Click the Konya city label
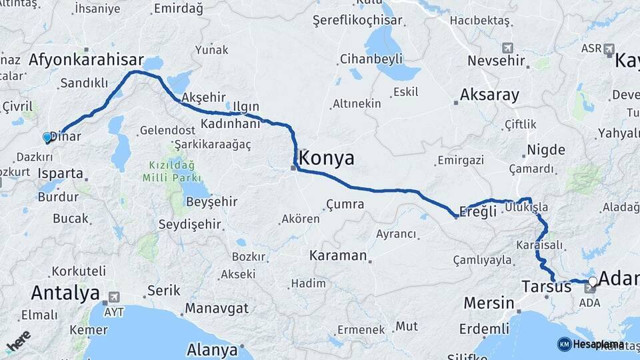coord(327,158)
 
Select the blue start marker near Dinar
coord(47,137)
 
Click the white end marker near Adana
coord(593,281)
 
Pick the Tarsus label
coord(546,287)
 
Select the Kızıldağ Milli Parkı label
coord(167,171)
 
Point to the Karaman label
coord(338,255)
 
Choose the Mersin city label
coord(489,303)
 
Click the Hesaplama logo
coord(591,344)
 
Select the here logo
coord(18,341)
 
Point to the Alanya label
coord(212,349)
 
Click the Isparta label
coord(61,173)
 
